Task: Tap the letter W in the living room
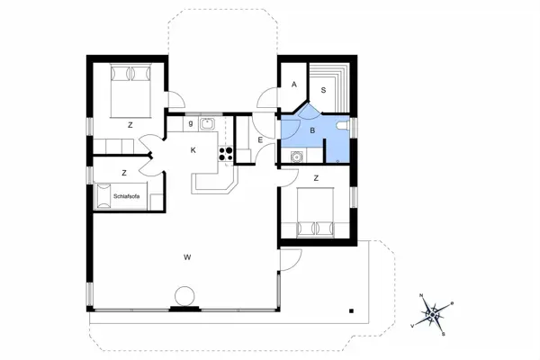(x=187, y=258)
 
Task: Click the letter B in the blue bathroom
(x=312, y=131)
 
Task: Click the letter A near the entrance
(x=294, y=85)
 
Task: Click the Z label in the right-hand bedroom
(x=316, y=178)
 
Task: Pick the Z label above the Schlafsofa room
(x=124, y=172)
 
